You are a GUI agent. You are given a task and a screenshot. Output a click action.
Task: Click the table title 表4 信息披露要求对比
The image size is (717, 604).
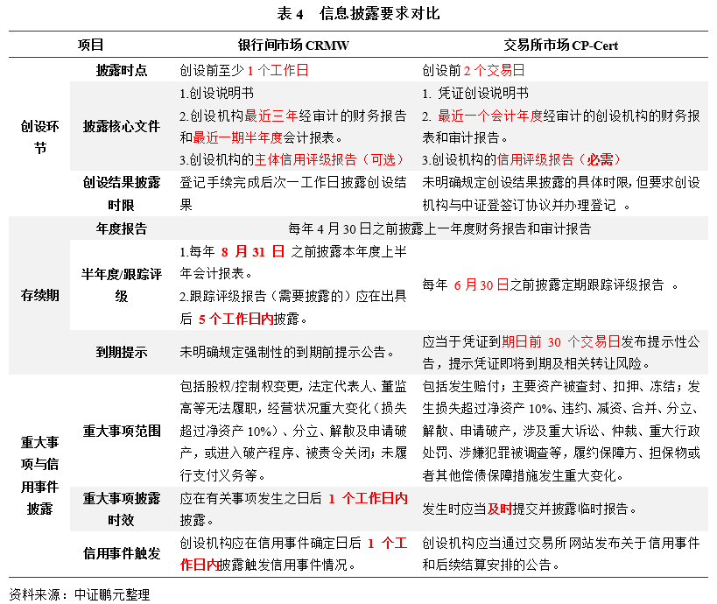click(358, 13)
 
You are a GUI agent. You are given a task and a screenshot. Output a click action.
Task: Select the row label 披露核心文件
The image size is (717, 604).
click(121, 126)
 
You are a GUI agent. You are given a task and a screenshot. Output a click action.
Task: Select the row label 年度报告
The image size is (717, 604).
click(121, 228)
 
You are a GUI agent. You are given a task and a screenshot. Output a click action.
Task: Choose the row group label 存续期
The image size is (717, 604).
click(39, 295)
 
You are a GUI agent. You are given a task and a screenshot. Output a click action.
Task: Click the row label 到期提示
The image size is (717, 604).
click(121, 352)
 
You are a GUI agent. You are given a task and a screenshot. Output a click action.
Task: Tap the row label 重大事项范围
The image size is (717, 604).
click(121, 431)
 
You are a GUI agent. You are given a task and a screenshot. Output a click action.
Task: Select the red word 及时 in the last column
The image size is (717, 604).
click(500, 509)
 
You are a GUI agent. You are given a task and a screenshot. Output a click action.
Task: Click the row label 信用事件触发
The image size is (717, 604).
click(121, 553)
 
